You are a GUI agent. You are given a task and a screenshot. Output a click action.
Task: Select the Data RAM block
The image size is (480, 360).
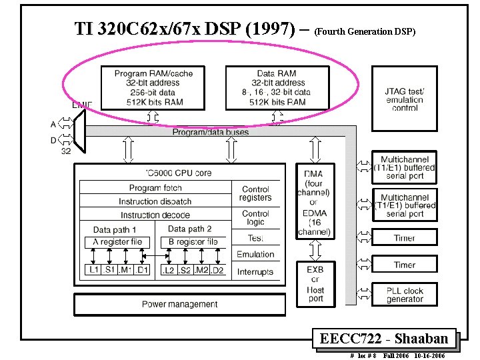click(277, 87)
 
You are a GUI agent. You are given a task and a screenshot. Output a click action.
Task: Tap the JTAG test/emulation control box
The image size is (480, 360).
click(405, 99)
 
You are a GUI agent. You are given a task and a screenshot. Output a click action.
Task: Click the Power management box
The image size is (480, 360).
click(179, 305)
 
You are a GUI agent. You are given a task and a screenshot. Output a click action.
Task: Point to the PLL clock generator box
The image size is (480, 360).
click(405, 295)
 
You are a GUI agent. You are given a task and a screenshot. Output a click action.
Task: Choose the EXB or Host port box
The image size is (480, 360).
click(315, 284)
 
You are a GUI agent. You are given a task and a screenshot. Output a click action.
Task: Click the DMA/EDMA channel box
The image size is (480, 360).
click(313, 203)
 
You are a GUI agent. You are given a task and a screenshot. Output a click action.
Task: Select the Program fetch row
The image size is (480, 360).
click(155, 188)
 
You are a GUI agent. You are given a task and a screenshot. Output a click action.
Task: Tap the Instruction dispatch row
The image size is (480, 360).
click(155, 201)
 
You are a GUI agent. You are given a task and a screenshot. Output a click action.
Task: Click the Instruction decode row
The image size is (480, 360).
click(155, 215)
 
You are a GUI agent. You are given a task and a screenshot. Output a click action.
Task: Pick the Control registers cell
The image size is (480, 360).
click(255, 193)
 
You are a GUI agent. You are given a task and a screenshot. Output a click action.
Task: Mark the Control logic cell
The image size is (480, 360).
click(255, 218)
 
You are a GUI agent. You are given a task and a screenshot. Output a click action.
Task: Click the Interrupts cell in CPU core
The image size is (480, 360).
click(255, 272)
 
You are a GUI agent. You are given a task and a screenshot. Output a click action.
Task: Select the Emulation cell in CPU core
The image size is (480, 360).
click(255, 254)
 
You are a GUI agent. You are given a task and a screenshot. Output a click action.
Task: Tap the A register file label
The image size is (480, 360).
click(117, 242)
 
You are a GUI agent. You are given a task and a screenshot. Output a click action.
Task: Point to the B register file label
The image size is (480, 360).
click(193, 242)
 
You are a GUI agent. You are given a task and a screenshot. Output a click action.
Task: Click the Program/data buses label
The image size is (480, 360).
click(211, 132)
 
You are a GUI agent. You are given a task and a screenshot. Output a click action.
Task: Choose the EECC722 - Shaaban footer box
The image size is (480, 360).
click(383, 339)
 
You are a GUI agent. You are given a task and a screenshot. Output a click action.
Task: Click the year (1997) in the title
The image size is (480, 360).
click(270, 29)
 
